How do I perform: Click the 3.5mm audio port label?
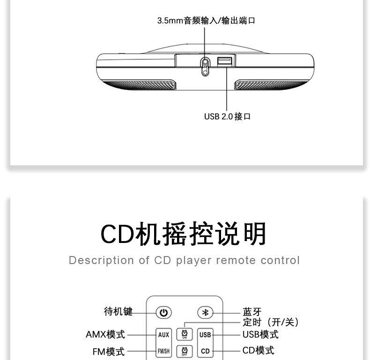[x=206, y=21]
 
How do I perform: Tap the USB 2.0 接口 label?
[x=227, y=117]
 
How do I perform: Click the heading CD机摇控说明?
[x=184, y=234]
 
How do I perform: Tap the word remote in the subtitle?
[x=236, y=260]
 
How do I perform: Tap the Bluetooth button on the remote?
[x=205, y=312]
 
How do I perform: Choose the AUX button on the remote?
[x=163, y=335]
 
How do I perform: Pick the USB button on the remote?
[x=205, y=335]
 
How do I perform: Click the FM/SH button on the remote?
[x=163, y=351]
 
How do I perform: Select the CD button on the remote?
[x=205, y=351]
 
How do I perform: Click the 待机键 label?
[x=118, y=311]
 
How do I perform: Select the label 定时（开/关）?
[x=271, y=322]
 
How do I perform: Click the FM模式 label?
[x=109, y=352]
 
